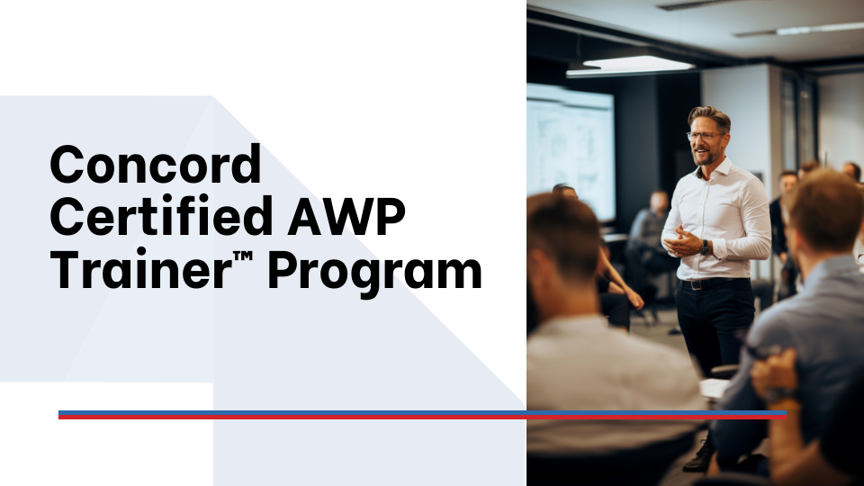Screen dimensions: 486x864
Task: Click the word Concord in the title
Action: [x=155, y=166]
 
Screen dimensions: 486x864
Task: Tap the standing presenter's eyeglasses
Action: [x=704, y=136]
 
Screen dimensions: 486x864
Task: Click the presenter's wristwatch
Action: [x=706, y=247]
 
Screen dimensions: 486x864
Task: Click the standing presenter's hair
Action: [x=709, y=116]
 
